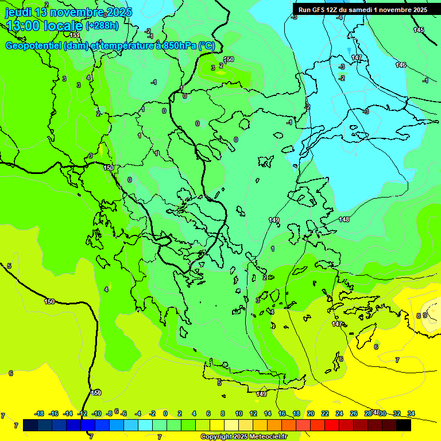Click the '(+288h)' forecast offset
(102, 26)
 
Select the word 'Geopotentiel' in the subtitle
(33, 46)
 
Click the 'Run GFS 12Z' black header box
(362, 10)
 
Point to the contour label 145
(419, 30)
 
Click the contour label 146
(401, 65)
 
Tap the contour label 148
(344, 219)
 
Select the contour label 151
(75, 35)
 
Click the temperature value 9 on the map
(425, 315)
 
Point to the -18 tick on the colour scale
(40, 413)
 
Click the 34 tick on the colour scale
(411, 413)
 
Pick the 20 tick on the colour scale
(311, 413)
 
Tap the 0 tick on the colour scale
(165, 413)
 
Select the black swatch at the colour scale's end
(404, 425)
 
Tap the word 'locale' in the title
(62, 26)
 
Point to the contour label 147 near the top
(357, 58)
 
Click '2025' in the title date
(119, 12)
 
